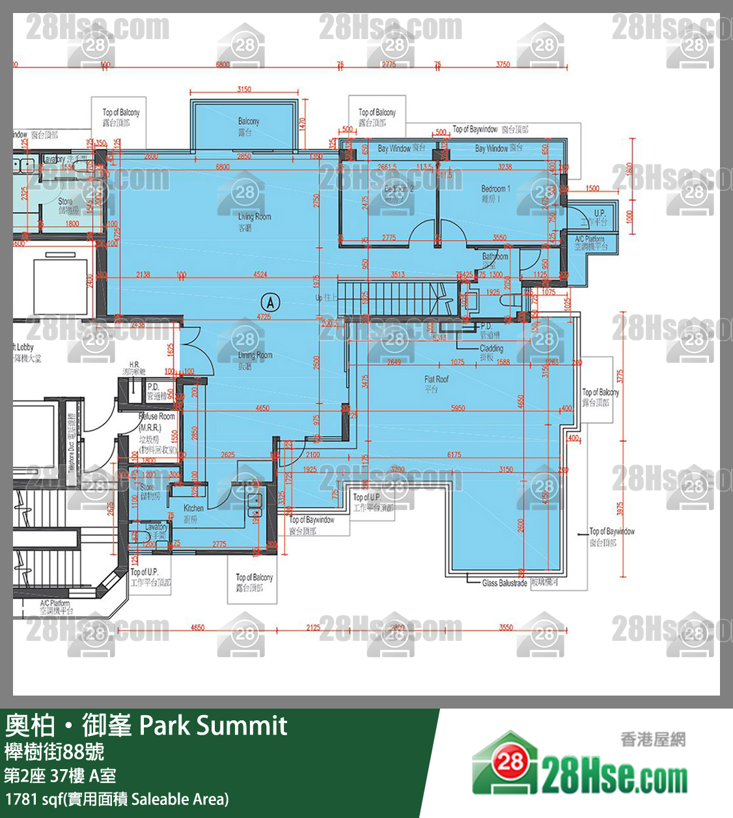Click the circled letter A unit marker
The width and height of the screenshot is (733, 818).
[x=270, y=302]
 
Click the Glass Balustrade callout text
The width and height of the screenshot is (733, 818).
[x=505, y=583]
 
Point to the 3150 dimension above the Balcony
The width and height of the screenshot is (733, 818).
[x=244, y=89]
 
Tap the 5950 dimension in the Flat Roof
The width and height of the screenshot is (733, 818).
[x=458, y=408]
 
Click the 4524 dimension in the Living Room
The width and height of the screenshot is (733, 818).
[x=260, y=274]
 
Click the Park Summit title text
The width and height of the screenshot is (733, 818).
[x=213, y=725]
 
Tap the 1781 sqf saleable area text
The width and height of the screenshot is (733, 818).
[x=117, y=799]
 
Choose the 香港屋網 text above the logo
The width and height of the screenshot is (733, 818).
[x=652, y=739]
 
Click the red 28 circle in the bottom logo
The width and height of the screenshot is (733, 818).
[x=510, y=761]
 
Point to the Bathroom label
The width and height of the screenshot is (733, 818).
[x=495, y=257]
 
